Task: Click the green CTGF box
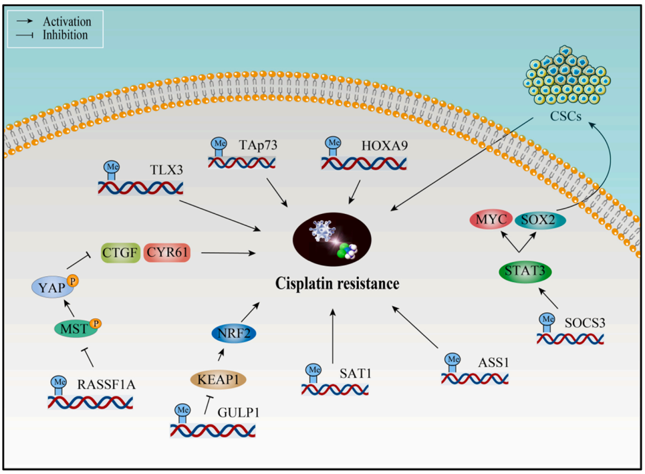click(x=120, y=253)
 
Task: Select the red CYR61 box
click(x=167, y=253)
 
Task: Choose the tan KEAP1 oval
click(x=218, y=379)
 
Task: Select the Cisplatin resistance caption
click(x=338, y=283)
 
